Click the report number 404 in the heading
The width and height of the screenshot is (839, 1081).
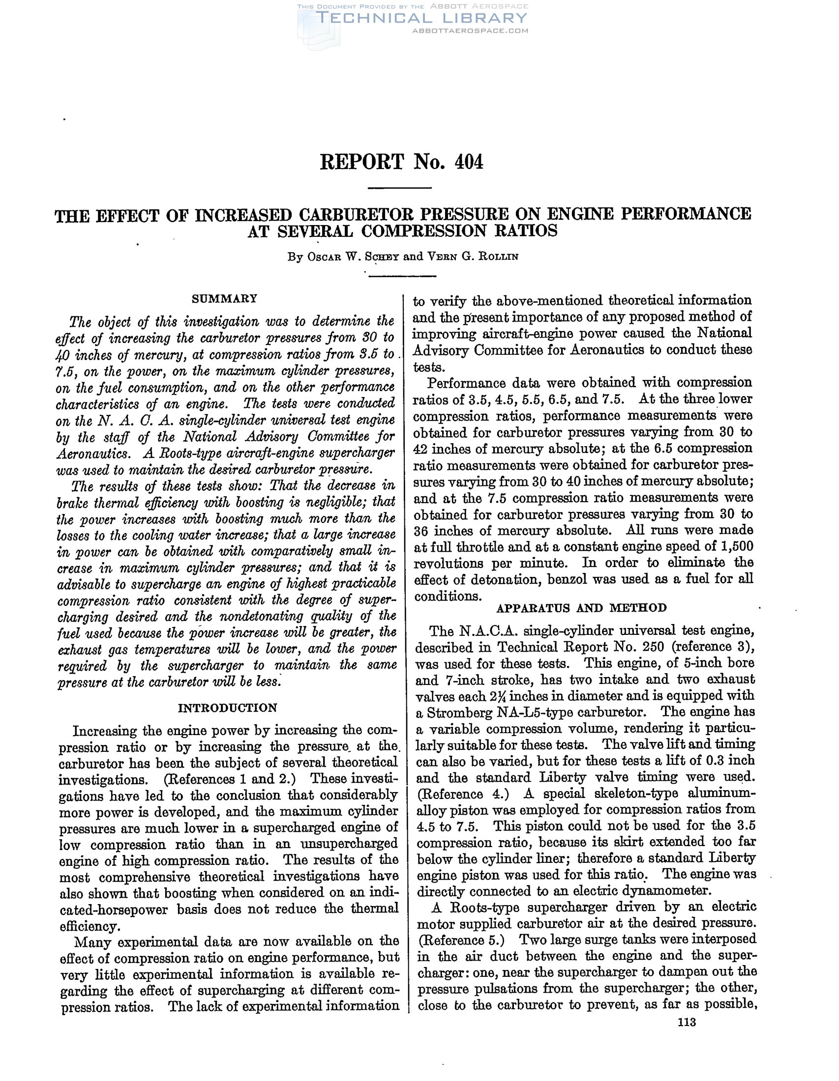(468, 162)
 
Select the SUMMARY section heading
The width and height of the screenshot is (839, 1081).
(224, 298)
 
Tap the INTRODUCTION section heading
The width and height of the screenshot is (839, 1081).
(227, 708)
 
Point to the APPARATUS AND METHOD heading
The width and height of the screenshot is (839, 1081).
(581, 608)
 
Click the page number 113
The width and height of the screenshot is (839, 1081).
(687, 1022)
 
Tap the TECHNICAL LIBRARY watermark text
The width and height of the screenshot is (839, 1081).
(421, 18)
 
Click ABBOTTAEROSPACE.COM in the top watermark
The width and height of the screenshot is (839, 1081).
(470, 30)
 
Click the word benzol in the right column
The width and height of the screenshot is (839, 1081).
(570, 579)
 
